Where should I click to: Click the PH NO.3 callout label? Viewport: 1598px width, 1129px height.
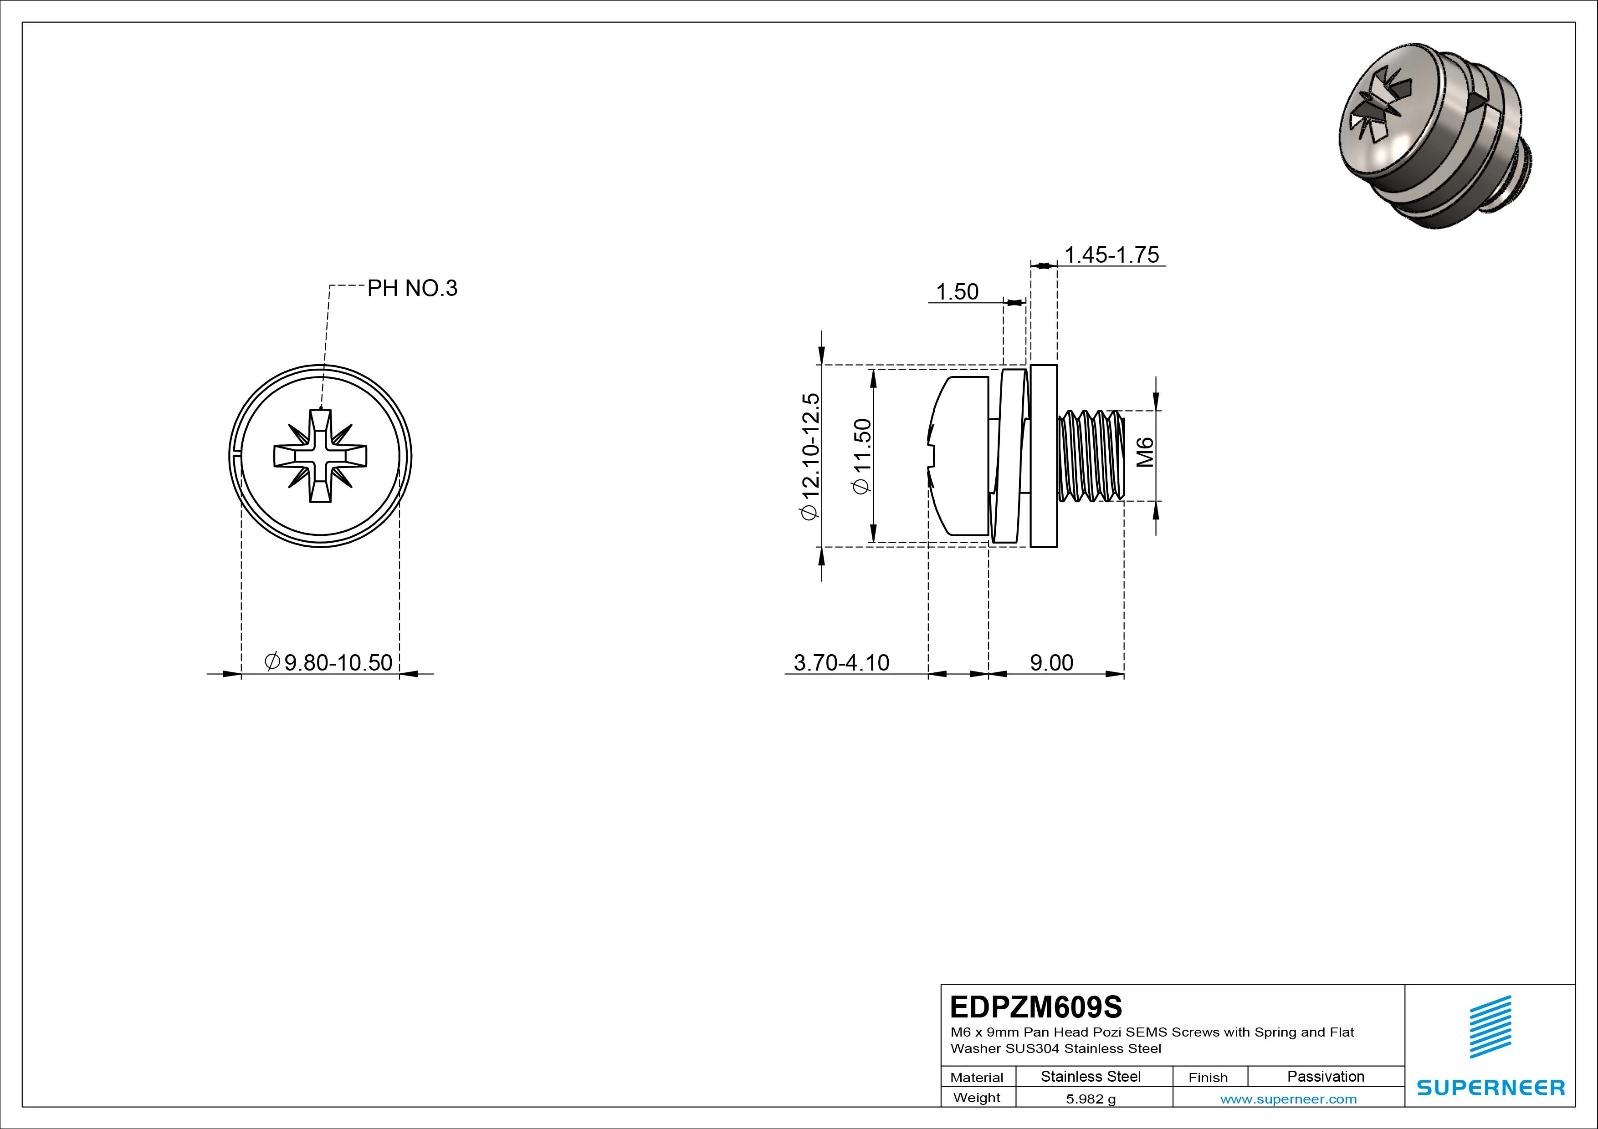[x=412, y=288]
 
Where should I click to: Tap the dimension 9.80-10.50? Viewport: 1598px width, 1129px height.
[x=329, y=662]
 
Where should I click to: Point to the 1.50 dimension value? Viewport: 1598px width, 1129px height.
[x=957, y=292]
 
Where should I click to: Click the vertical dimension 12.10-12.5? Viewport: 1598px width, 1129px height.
[x=811, y=456]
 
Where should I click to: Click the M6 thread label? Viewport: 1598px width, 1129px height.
[x=1145, y=452]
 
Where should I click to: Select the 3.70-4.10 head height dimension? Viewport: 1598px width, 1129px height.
[x=841, y=662]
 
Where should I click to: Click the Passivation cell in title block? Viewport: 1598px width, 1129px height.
[x=1325, y=1076]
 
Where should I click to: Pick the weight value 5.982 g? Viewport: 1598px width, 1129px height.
[x=1091, y=1099]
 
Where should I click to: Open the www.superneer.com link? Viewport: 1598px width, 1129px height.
[x=1288, y=1099]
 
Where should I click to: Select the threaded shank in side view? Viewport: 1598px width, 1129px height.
[x=1090, y=456]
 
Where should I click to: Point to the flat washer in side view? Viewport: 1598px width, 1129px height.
[x=1043, y=456]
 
